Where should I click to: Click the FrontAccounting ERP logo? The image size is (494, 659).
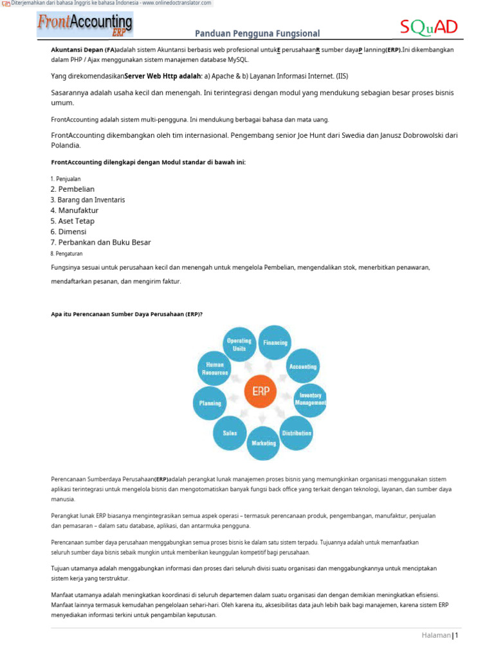tap(84, 25)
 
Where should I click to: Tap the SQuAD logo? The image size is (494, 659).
tap(429, 27)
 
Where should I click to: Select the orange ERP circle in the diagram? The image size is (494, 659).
tap(260, 392)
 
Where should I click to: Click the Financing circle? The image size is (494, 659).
tap(275, 342)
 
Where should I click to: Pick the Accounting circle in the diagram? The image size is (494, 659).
tap(302, 366)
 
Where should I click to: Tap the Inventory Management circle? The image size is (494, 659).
tap(310, 399)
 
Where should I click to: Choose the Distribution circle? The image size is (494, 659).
tap(297, 433)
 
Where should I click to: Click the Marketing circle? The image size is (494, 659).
tap(264, 443)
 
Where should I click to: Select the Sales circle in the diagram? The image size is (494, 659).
tap(230, 433)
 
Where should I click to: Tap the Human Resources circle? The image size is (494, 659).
tap(215, 368)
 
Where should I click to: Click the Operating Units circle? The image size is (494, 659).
tap(239, 344)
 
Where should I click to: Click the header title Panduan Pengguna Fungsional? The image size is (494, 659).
tap(257, 33)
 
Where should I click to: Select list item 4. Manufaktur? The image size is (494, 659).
tap(75, 210)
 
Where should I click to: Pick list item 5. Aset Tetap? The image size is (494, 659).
tap(73, 221)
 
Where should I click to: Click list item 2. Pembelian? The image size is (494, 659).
tap(73, 189)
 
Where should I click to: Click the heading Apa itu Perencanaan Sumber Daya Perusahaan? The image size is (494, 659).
tap(127, 314)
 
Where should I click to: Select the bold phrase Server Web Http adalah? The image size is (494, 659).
tap(163, 76)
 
